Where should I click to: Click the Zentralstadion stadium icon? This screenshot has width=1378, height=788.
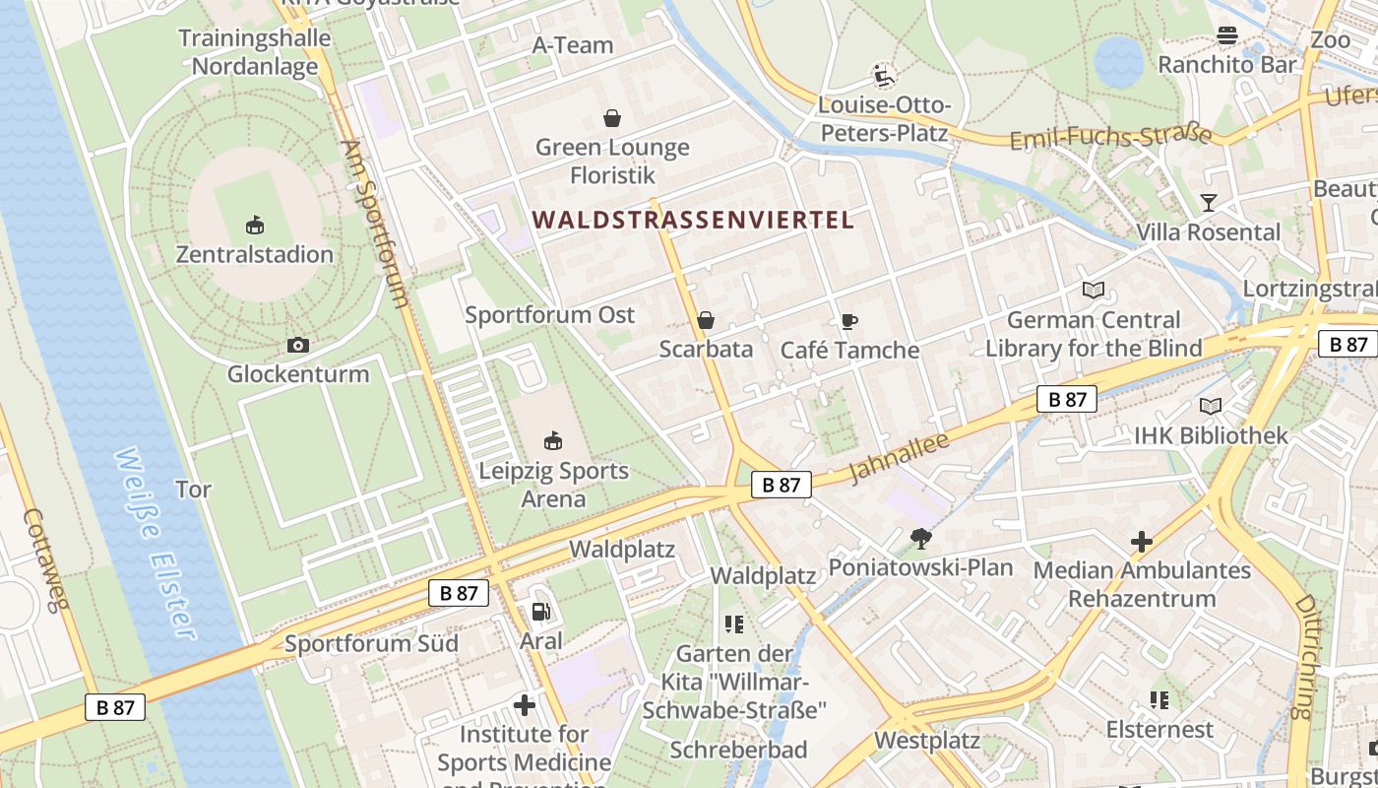click(255, 225)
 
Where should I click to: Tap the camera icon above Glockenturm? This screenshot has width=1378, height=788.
click(297, 345)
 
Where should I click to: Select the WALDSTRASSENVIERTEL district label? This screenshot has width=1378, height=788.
click(694, 220)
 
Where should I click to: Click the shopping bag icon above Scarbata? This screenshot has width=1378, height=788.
click(706, 320)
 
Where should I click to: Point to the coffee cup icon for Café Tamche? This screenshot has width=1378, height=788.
click(848, 321)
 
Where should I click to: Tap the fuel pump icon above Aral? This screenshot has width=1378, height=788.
click(540, 612)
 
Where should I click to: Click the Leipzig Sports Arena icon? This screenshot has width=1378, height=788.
click(553, 440)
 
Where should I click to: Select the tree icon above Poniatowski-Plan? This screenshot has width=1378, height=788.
click(921, 538)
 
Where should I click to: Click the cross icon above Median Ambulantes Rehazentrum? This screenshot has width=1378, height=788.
click(1142, 541)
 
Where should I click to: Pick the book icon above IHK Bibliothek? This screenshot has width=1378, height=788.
click(1211, 406)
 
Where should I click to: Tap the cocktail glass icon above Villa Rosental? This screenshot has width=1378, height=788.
click(1209, 203)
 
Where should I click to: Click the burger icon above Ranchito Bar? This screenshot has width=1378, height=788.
click(1226, 36)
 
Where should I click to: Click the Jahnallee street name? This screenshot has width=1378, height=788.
click(899, 458)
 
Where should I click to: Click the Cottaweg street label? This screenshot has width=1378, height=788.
click(45, 559)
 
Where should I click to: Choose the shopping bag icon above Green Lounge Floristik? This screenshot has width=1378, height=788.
click(612, 119)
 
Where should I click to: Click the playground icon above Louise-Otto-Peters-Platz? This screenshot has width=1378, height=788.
click(883, 75)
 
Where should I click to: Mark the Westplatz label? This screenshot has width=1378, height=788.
click(927, 740)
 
